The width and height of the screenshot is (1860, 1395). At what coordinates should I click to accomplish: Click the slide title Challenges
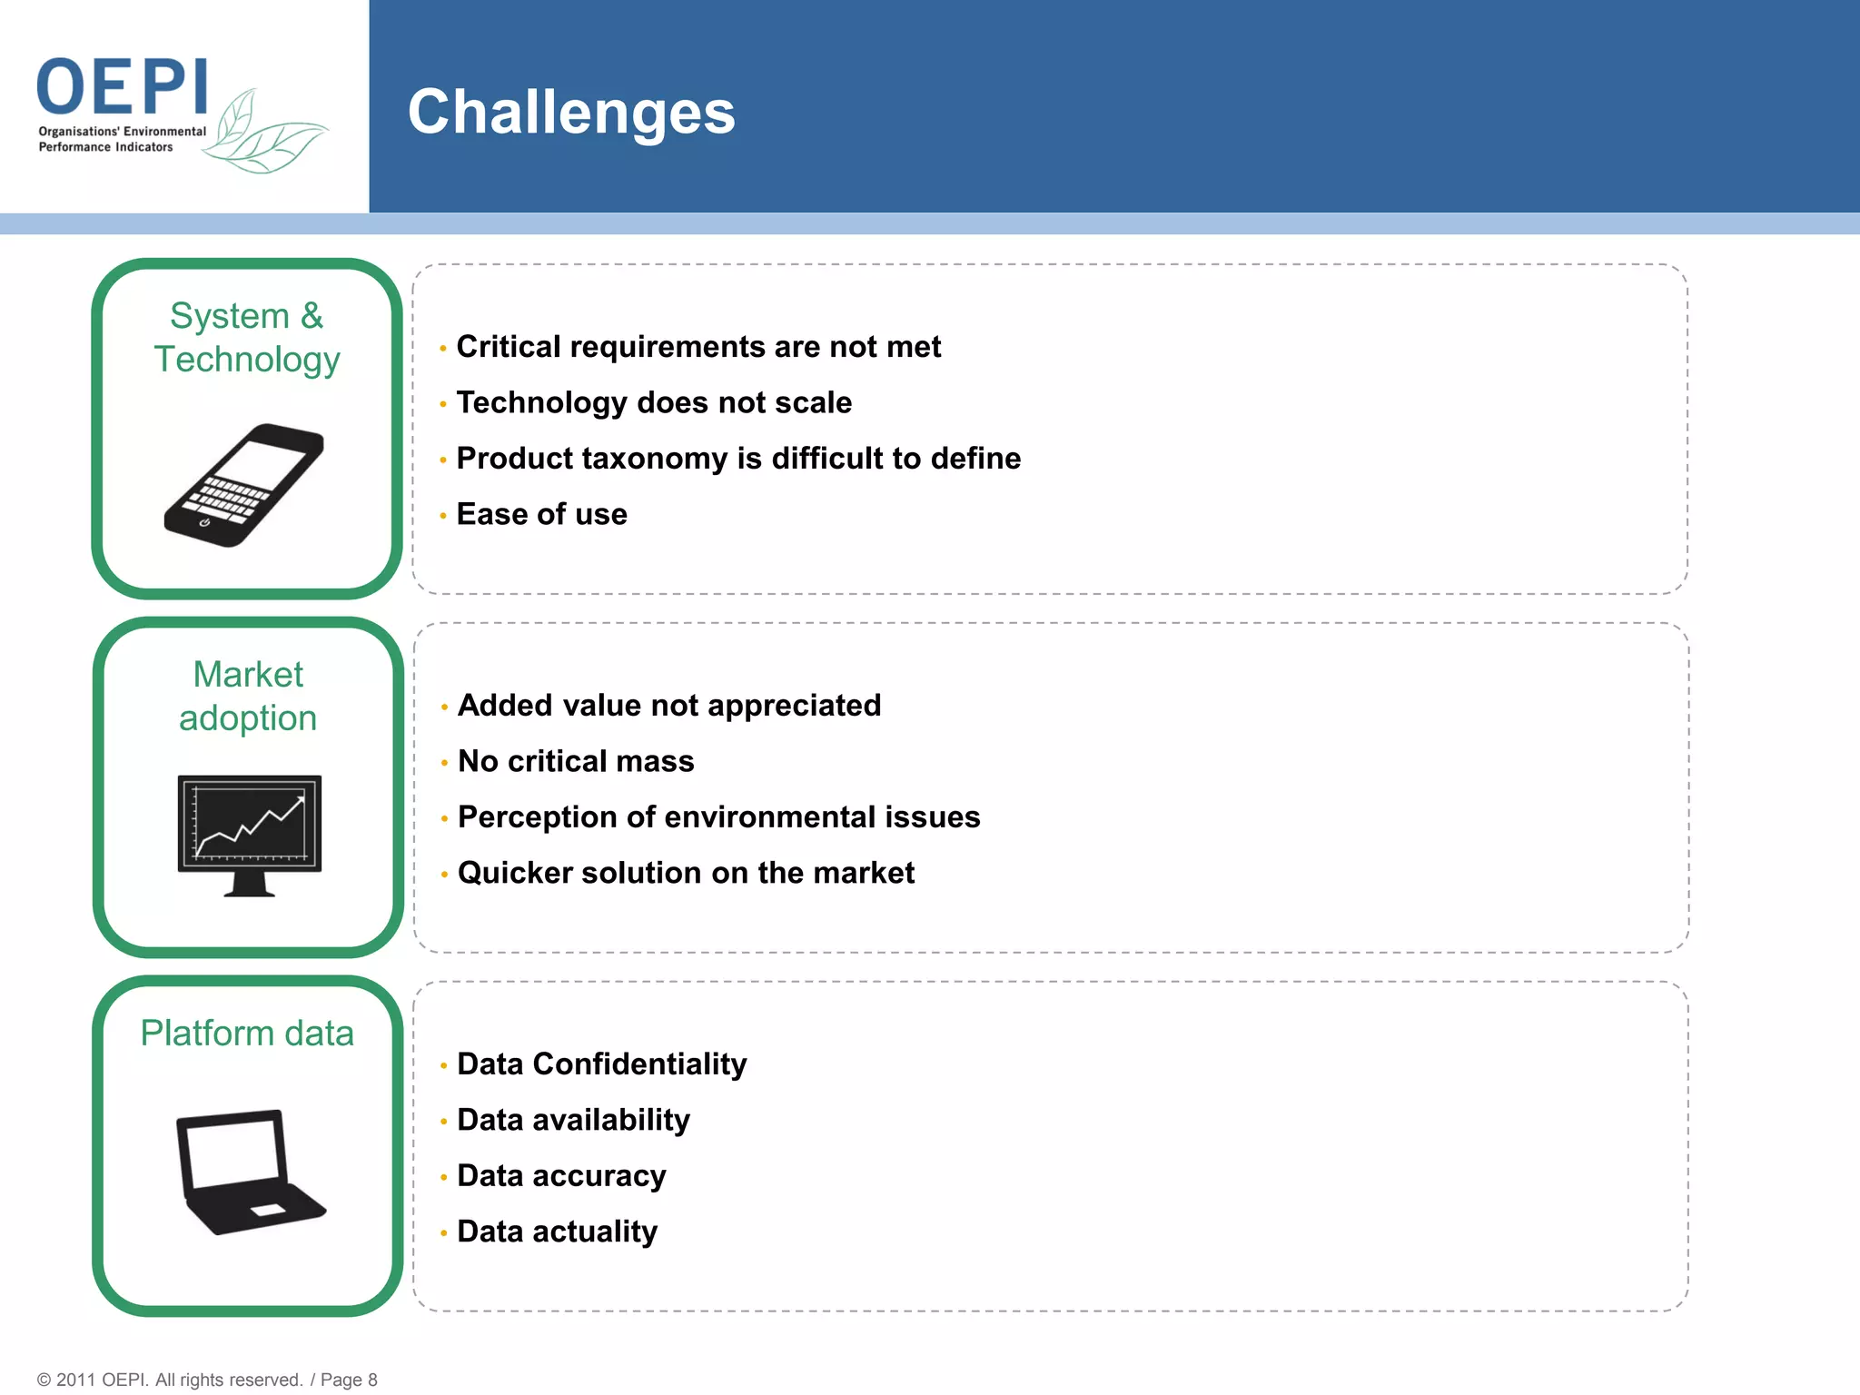click(571, 113)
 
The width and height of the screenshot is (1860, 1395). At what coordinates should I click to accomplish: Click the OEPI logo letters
click(124, 86)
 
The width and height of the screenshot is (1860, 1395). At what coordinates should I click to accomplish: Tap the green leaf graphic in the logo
click(263, 136)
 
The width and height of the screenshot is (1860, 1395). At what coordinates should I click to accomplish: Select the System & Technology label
click(247, 337)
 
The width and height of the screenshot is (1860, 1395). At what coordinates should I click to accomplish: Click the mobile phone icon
click(243, 485)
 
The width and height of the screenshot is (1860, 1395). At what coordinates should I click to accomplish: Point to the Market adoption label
click(248, 696)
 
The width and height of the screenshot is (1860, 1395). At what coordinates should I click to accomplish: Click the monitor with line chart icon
click(250, 834)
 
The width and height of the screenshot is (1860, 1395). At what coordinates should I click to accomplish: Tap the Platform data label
click(247, 1034)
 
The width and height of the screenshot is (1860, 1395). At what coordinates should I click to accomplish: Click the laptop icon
click(247, 1172)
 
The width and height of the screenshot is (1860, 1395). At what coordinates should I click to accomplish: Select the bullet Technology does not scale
click(654, 402)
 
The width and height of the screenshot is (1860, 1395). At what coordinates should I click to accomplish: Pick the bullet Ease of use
click(541, 514)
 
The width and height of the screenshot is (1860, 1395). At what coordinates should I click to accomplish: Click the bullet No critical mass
click(576, 761)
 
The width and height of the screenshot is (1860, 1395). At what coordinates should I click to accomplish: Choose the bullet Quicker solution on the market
click(686, 873)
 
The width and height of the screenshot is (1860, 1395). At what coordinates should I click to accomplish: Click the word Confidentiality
click(639, 1064)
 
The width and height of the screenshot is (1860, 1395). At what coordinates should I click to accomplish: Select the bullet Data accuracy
click(561, 1176)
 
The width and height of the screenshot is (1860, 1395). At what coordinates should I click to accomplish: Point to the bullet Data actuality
click(557, 1232)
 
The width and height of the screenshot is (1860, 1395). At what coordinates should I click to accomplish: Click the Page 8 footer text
click(349, 1380)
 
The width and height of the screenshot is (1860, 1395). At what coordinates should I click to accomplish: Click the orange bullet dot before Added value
click(444, 707)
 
